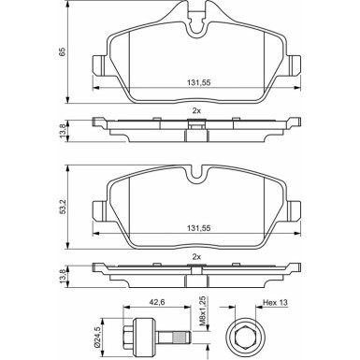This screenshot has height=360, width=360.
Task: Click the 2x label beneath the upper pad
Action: (197, 108)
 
